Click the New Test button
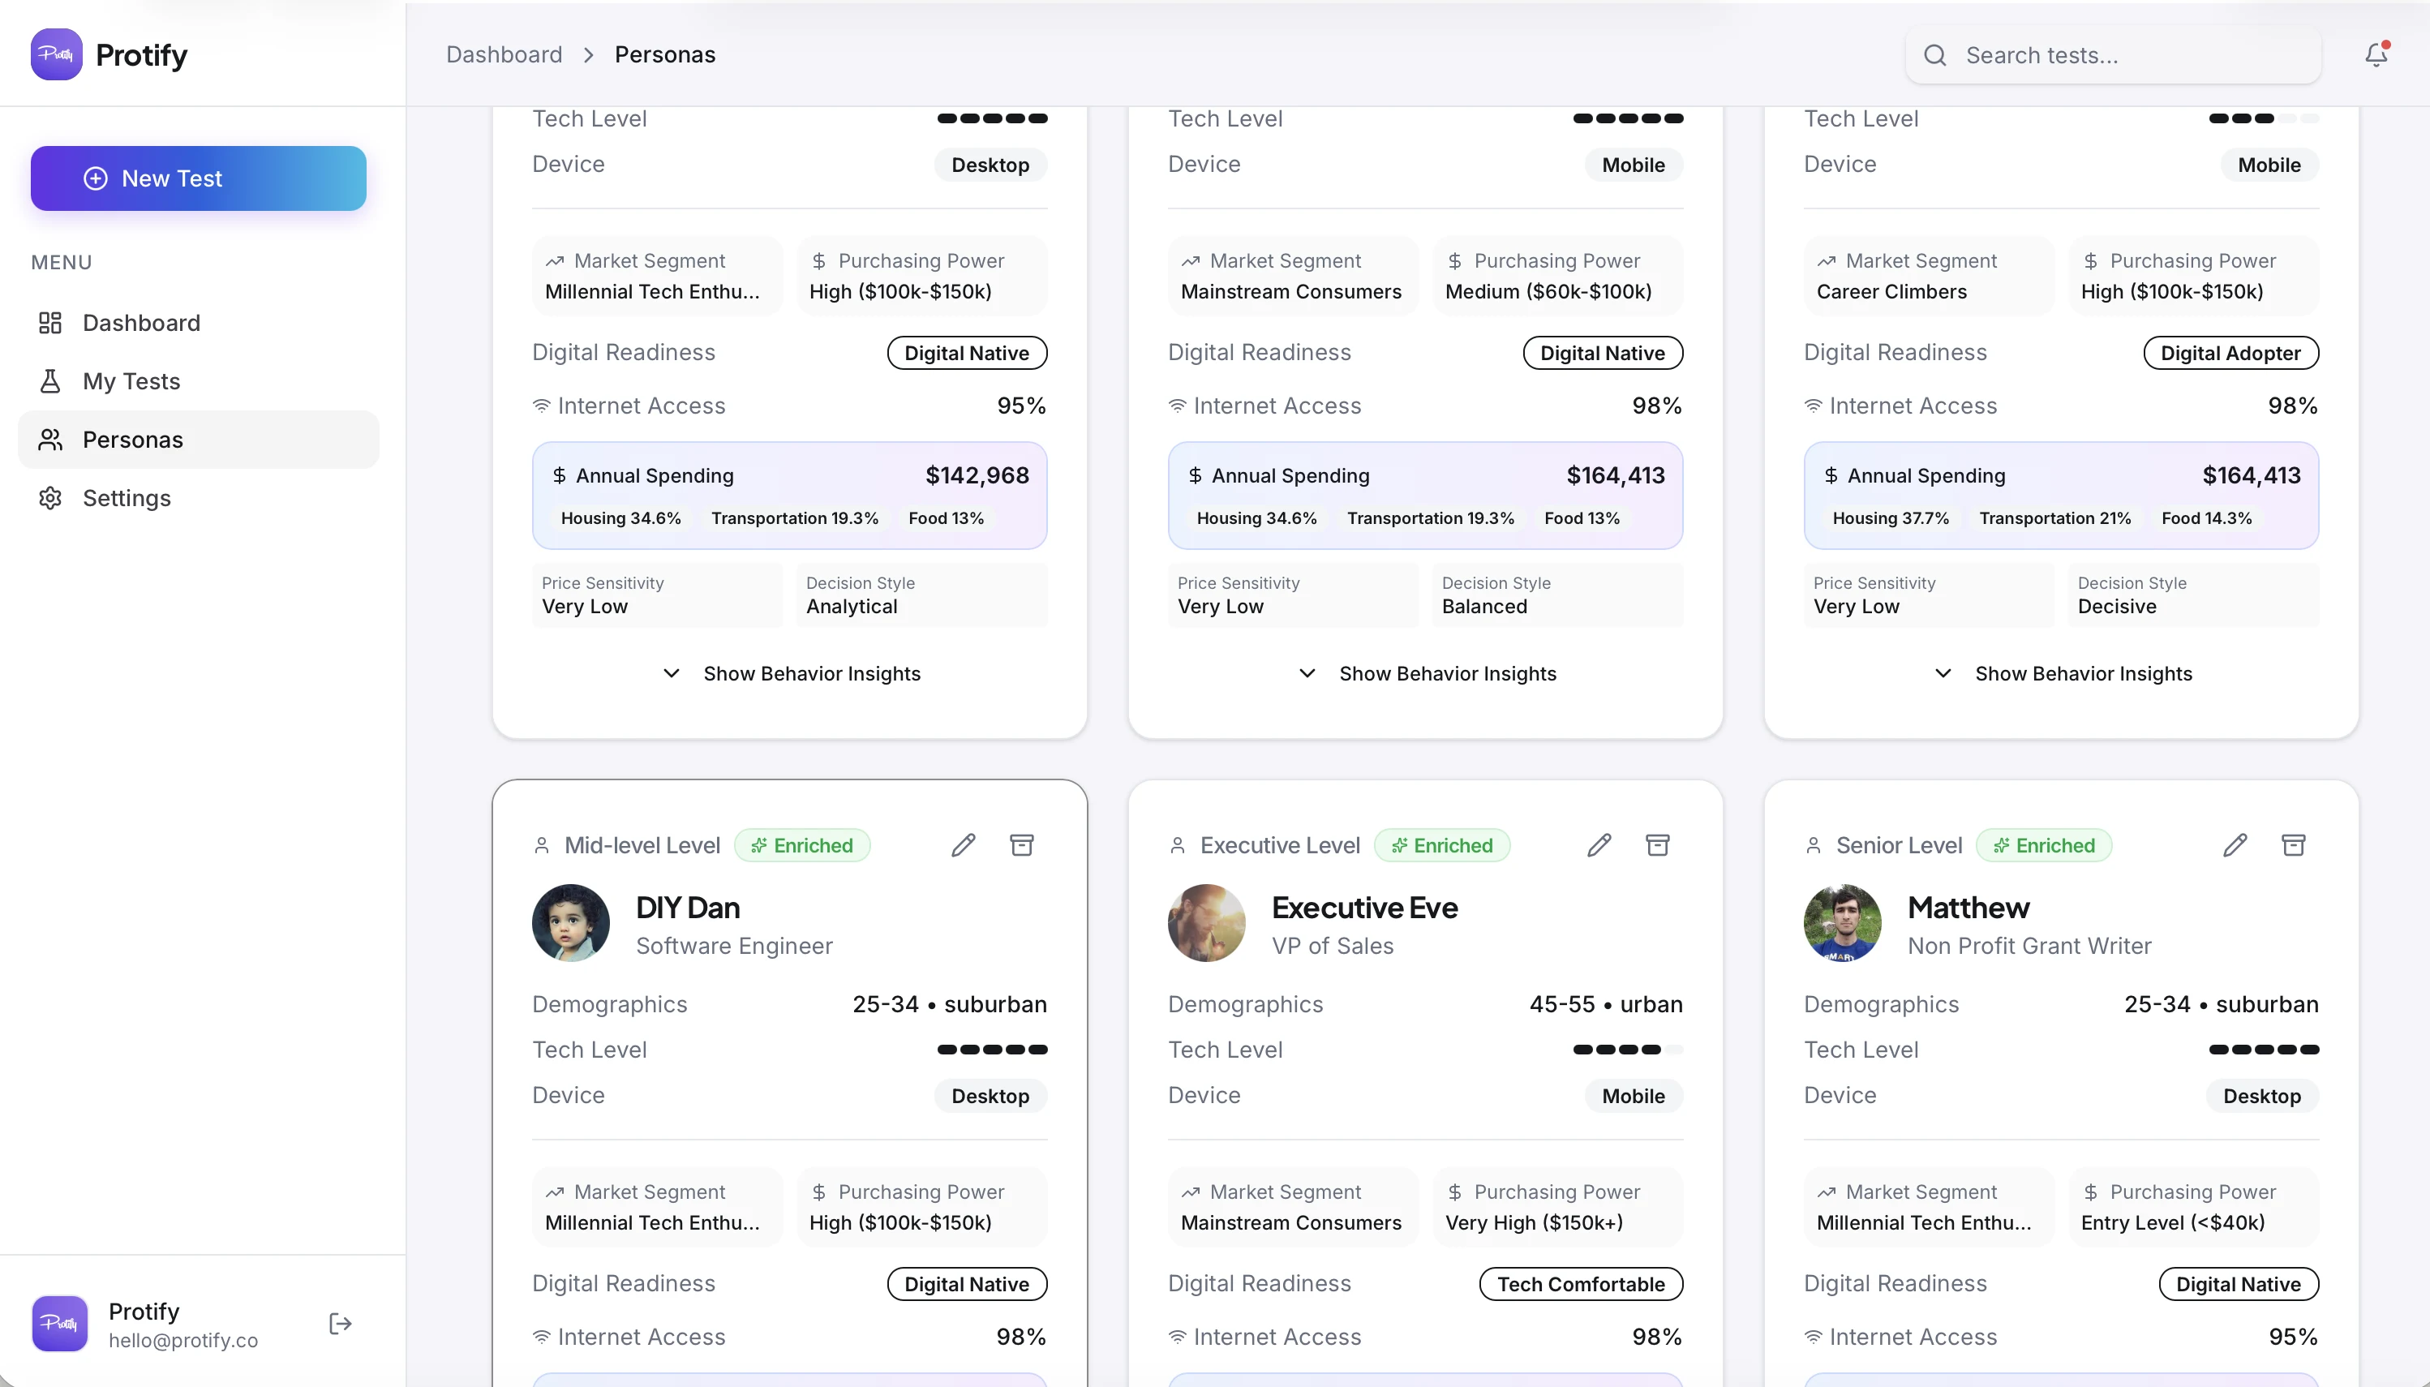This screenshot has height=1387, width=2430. coord(198,178)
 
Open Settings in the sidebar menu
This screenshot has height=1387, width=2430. coord(127,498)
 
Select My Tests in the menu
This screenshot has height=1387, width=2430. coord(131,381)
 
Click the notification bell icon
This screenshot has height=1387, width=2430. coord(2376,54)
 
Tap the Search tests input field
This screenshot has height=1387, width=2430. coord(2113,55)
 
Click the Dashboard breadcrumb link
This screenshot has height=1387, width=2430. coord(504,54)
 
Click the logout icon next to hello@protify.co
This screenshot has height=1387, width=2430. coord(340,1323)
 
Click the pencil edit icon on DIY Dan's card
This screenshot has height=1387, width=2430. coord(963,845)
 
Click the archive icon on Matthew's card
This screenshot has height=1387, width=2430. coord(2293,845)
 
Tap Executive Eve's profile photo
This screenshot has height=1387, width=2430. coord(1206,922)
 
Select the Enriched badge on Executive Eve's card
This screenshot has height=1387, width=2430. coord(1441,845)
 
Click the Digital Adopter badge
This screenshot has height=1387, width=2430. coord(2230,353)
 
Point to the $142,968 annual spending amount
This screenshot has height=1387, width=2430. coord(977,475)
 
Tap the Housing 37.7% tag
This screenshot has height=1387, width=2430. coord(1890,518)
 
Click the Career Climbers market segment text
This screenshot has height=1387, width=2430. coord(1891,291)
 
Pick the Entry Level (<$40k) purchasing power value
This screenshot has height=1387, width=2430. coord(2172,1222)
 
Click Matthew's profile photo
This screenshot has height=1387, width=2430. coord(1842,922)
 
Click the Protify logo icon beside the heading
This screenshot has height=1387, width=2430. coord(56,54)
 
